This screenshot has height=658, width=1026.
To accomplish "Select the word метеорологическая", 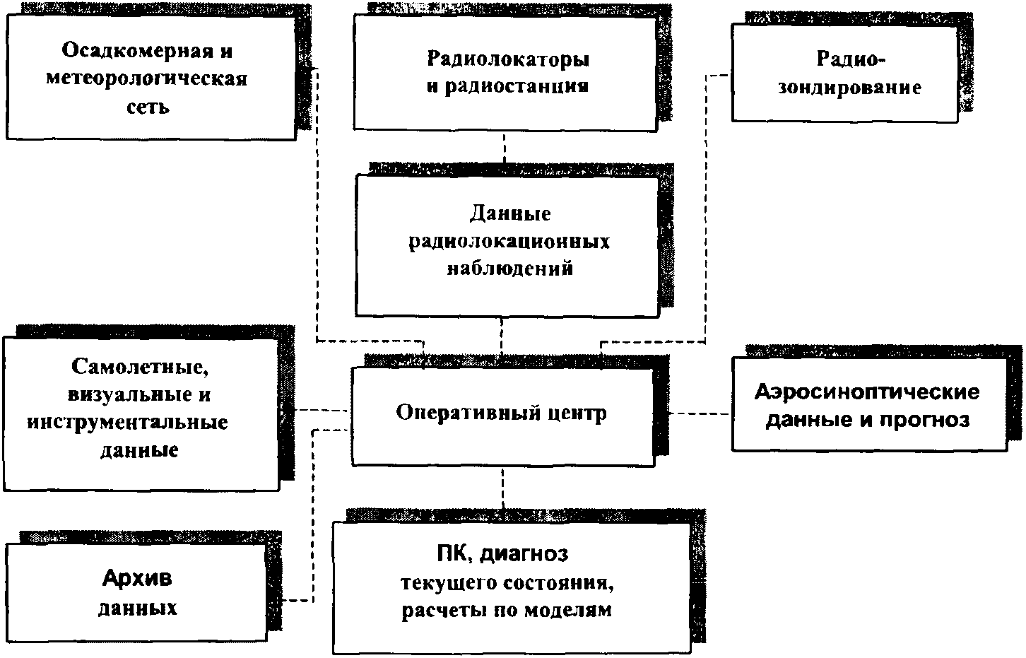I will (147, 78).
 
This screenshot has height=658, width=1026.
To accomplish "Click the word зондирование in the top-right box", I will (849, 88).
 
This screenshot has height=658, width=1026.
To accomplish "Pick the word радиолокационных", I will (509, 242).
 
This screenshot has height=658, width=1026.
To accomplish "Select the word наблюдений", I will (509, 269).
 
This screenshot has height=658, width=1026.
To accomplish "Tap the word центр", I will (577, 413).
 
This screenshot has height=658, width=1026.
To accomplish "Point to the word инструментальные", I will (128, 423).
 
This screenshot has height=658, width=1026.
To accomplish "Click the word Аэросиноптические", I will (867, 392).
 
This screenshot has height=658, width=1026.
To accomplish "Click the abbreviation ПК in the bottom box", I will (453, 555).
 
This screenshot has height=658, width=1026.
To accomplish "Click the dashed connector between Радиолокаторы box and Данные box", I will (504, 148).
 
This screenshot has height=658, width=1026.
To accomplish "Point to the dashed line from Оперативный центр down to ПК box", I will (503, 488).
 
